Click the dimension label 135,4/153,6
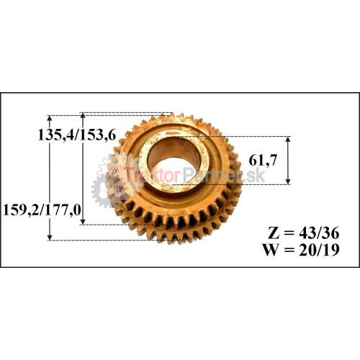pos(77,135)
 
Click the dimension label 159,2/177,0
pos(42,210)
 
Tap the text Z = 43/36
pos(304,233)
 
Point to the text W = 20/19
pos(301,250)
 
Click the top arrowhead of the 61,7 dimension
pos(289,139)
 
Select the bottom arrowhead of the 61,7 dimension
pos(289,181)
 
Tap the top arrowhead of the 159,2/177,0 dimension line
pos(50,119)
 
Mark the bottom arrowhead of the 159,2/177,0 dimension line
pos(50,237)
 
